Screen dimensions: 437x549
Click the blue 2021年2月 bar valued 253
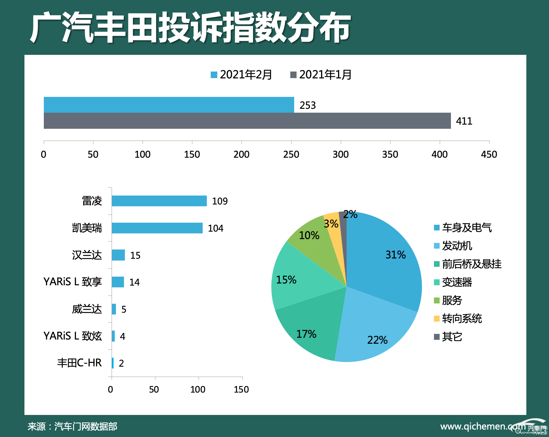point(169,105)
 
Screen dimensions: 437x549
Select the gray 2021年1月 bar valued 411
point(247,121)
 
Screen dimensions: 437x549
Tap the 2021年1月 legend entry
point(321,75)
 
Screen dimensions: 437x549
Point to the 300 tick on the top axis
point(341,154)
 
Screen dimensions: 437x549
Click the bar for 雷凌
point(159,201)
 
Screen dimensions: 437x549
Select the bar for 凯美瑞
point(157,228)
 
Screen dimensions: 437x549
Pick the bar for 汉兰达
point(118,255)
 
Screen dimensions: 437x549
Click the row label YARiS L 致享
point(73,282)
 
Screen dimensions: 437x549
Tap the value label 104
point(215,228)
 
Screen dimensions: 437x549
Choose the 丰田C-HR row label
point(79,363)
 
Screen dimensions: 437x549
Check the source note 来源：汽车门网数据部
point(72,426)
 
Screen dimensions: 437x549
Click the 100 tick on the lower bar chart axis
point(198,389)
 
